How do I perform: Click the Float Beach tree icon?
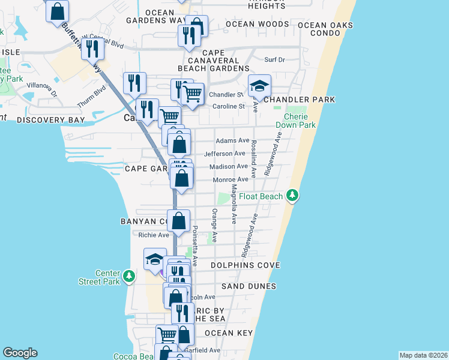coord(292,196)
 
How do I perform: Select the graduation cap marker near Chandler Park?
coord(259,86)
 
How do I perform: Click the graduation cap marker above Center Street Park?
coord(155,260)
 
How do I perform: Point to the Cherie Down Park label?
coord(295,121)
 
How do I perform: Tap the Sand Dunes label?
coord(249,286)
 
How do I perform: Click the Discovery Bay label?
coord(49,120)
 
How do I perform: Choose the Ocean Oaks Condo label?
coord(321,29)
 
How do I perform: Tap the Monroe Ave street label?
coord(231,179)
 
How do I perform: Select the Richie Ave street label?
coord(154,235)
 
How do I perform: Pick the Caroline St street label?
coord(229,106)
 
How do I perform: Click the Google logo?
coord(20,353)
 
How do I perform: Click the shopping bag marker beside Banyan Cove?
coord(179,220)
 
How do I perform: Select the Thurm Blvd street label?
coord(91,97)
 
